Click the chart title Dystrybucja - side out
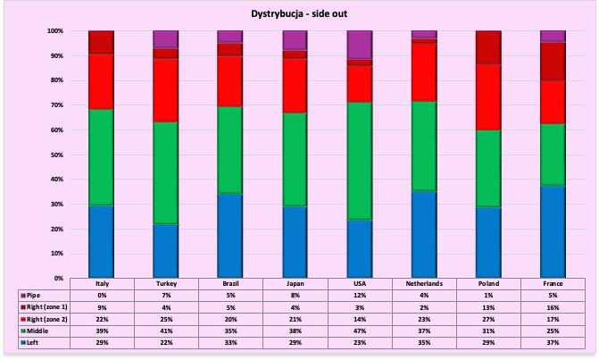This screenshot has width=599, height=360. click(299, 14)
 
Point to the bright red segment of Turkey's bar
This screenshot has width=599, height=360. click(166, 90)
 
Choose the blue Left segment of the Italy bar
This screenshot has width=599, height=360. click(101, 241)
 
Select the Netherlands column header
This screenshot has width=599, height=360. click(423, 283)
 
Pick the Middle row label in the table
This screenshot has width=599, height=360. click(39, 329)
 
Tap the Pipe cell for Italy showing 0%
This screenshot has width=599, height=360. click(101, 294)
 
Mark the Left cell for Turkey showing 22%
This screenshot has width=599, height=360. click(166, 340)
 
